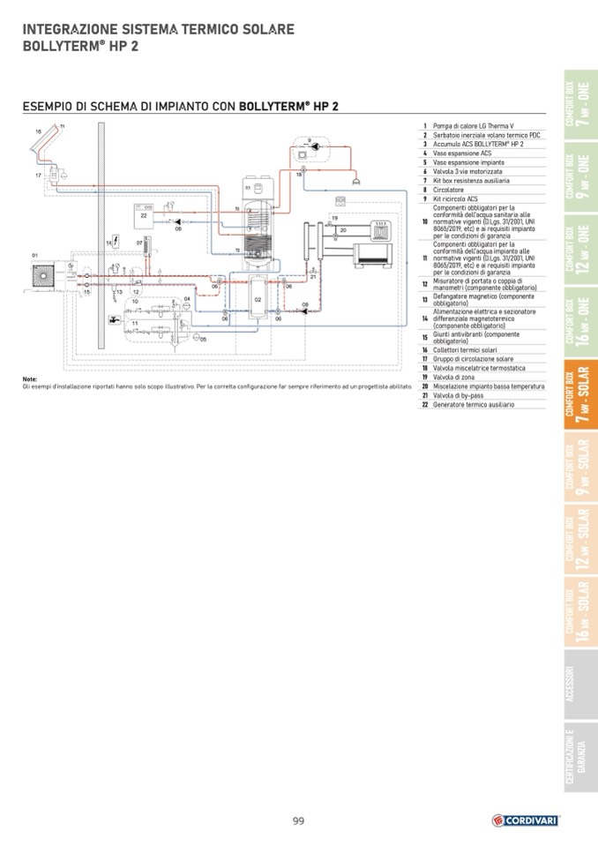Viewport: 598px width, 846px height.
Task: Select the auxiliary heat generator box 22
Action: (144, 212)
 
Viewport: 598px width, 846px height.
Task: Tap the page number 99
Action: (299, 821)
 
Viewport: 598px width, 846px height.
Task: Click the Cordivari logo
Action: (526, 820)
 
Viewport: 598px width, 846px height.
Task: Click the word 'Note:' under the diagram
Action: (29, 379)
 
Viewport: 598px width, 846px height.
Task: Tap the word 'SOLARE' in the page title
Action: (264, 29)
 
